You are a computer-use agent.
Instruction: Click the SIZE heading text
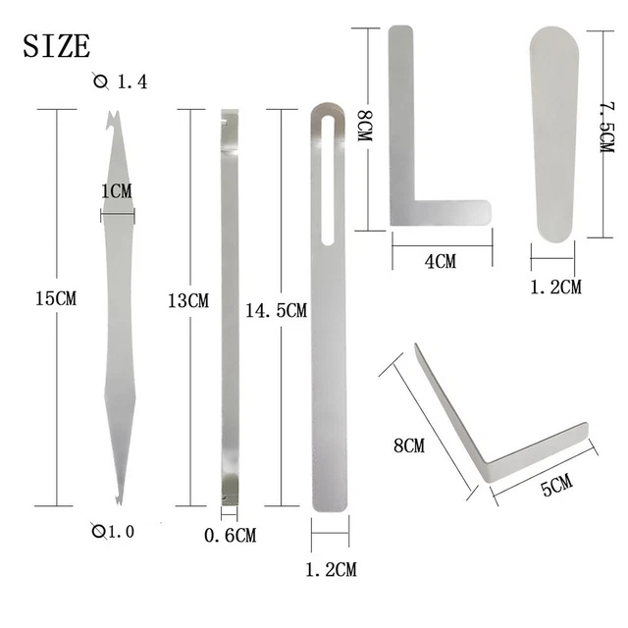57,46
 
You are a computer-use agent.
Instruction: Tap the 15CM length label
56,298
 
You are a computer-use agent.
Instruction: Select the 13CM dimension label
188,301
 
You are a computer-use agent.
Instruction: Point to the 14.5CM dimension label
276,311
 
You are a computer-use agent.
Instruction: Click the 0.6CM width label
230,536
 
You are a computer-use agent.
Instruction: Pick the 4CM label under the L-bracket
441,262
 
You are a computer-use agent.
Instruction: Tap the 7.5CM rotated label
606,127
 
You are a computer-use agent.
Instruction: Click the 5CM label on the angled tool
557,485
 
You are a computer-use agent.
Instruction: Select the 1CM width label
116,191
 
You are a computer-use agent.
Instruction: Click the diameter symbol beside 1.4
100,81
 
